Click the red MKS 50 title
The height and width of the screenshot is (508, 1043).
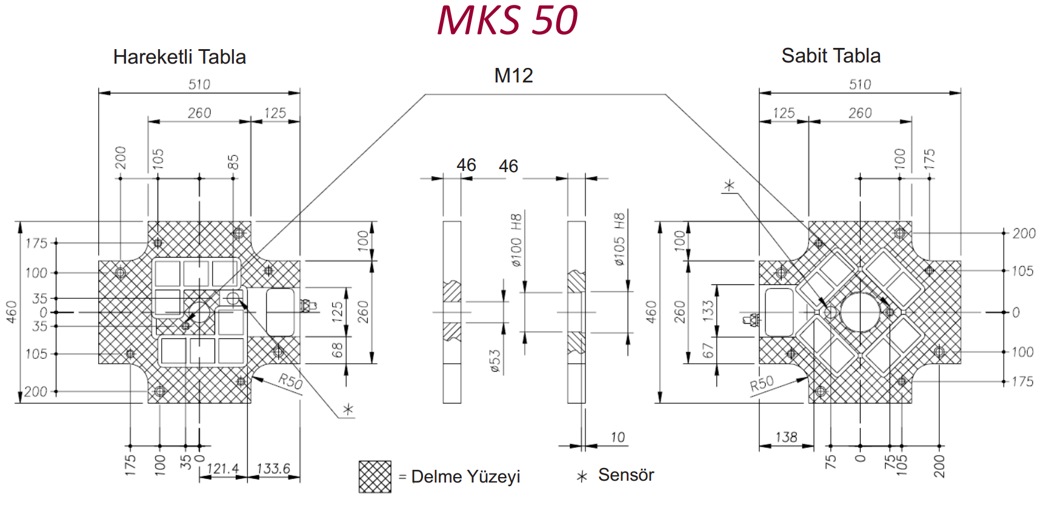point(507,20)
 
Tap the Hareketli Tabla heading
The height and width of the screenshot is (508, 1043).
point(179,57)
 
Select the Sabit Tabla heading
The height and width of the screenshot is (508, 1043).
point(830,56)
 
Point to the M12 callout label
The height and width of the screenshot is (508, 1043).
point(513,76)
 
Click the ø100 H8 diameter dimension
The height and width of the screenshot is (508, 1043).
point(516,240)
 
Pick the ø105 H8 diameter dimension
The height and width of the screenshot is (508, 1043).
point(619,239)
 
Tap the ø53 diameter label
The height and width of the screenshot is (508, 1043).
point(495,360)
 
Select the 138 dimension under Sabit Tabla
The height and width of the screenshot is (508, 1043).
point(786,437)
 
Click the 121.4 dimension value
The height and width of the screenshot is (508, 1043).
point(222,469)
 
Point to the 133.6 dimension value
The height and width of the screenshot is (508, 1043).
point(273,469)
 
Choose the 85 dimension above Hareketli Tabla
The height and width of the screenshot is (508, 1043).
point(233,162)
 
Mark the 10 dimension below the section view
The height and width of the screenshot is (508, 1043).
point(617,437)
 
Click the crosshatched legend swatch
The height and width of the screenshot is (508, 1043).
point(375,476)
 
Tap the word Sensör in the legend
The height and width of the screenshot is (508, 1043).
point(626,475)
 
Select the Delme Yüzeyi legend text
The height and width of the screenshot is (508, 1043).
point(465,476)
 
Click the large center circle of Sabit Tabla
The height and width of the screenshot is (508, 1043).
point(859,312)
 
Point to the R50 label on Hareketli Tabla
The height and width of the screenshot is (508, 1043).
point(290,381)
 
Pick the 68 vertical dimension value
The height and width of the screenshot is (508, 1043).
point(338,350)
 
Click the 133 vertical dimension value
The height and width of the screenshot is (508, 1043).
point(708,309)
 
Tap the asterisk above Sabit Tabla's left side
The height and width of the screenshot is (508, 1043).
point(730,185)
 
